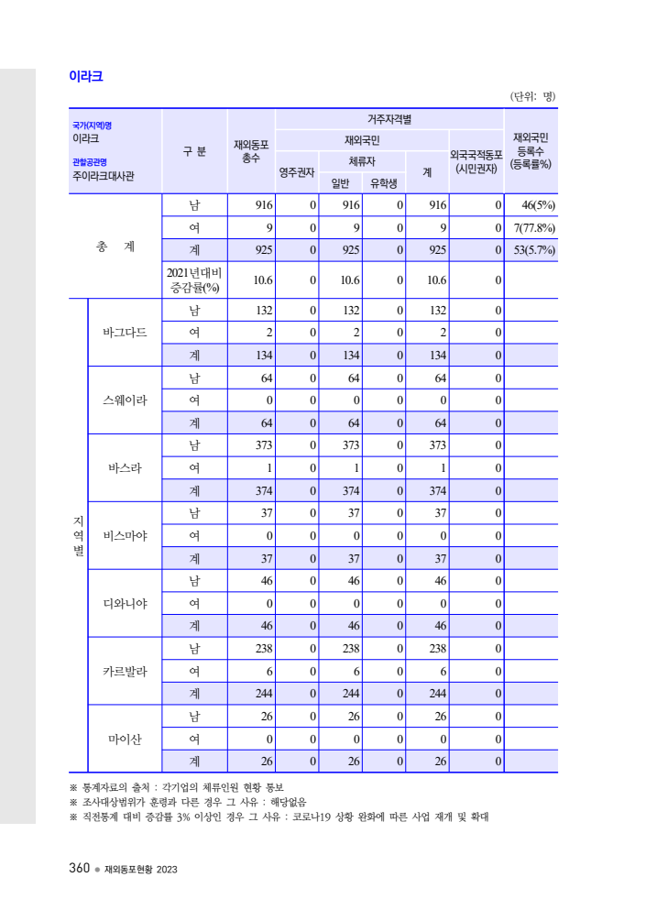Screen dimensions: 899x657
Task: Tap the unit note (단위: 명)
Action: tap(532, 96)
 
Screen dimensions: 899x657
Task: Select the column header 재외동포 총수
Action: tap(251, 151)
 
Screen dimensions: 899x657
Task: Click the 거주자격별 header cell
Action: tap(389, 119)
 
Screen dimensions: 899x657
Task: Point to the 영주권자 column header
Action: tap(298, 171)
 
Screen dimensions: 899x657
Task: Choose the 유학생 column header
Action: tap(384, 182)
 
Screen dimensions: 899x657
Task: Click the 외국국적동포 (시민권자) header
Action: tap(476, 161)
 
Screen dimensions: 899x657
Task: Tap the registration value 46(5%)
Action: tap(532, 205)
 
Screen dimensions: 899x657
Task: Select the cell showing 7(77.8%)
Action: tap(532, 227)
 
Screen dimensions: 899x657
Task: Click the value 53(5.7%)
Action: tap(532, 249)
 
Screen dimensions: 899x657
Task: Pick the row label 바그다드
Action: tap(125, 332)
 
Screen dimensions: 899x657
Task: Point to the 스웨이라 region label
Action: tap(125, 400)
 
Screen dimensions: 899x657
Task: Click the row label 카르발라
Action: tap(125, 672)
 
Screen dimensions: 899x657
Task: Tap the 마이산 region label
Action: tap(125, 740)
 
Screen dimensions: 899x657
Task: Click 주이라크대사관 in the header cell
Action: tap(104, 176)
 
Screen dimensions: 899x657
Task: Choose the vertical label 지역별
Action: tap(78, 535)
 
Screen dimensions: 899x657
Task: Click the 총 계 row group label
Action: tap(115, 247)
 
